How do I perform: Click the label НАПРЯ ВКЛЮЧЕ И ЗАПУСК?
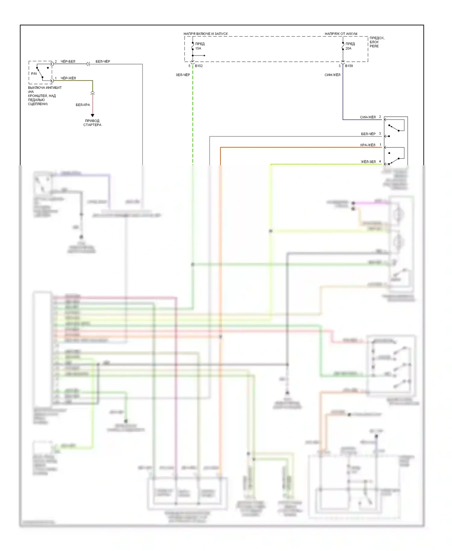pos(206,34)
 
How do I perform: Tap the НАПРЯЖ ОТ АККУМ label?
pos(341,34)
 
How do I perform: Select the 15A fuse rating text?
pos(198,48)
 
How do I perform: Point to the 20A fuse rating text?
pos(348,48)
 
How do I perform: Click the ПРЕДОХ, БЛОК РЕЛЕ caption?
pos(377,42)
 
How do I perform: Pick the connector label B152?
pos(199,66)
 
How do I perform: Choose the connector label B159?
pos(349,66)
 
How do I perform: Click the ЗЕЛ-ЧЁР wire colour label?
pos(183,75)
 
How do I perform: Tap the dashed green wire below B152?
pos(193,115)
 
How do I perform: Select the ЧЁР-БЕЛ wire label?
pos(68,61)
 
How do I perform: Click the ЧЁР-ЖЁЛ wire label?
pos(68,78)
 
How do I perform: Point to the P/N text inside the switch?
pos(34,74)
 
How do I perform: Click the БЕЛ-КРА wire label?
pos(83,105)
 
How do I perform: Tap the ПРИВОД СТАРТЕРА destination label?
pos(92,123)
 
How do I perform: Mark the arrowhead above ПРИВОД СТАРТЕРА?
pos(93,115)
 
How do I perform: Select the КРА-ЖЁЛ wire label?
pos(368,145)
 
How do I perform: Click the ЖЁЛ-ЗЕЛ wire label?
pos(368,162)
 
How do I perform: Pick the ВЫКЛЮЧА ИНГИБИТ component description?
pos(45,96)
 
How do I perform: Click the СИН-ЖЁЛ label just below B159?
pos(332,75)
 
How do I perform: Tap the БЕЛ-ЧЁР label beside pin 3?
pos(368,134)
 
